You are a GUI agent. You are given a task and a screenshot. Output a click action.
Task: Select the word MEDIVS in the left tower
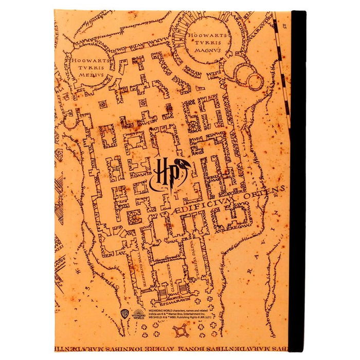pyautogui.click(x=91, y=74)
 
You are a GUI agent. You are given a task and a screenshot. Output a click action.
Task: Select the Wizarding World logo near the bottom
pyautogui.click(x=139, y=313)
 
